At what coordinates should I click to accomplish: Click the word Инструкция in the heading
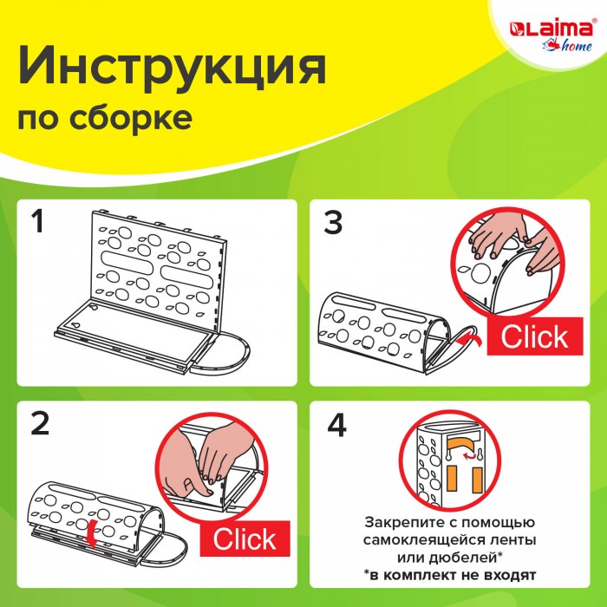[x=173, y=66]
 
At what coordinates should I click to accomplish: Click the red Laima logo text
[x=552, y=29]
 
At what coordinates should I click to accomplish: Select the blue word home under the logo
[x=577, y=46]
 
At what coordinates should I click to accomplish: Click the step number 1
[x=37, y=221]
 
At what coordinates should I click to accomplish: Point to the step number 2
[x=40, y=423]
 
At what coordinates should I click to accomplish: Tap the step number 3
[x=333, y=222]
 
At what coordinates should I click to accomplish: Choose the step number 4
[x=336, y=426]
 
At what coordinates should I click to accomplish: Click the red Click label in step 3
[x=535, y=336]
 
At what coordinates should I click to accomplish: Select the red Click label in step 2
[x=245, y=538]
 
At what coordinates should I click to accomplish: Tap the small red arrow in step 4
[x=469, y=456]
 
